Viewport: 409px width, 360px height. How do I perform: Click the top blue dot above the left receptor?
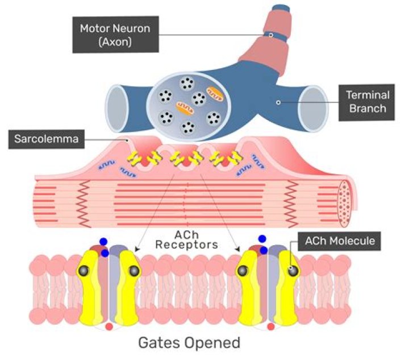pyautogui.click(x=103, y=241)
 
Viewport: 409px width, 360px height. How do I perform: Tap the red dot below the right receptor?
pyautogui.click(x=270, y=327)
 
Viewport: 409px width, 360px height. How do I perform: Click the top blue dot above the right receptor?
pyautogui.click(x=262, y=239)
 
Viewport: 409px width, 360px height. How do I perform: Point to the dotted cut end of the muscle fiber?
pyautogui.click(x=346, y=200)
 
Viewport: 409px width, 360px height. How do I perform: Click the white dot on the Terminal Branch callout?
pyautogui.click(x=278, y=102)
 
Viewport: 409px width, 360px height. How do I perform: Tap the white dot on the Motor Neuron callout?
pyautogui.click(x=271, y=35)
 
